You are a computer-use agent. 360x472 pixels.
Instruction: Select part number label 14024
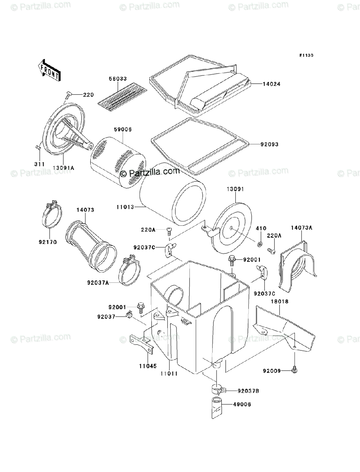[261, 84]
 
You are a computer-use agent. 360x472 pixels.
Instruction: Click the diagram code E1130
[305, 55]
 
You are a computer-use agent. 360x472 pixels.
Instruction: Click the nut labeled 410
[259, 246]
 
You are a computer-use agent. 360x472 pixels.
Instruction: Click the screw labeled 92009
[294, 369]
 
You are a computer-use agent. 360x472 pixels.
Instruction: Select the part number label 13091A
[64, 168]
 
